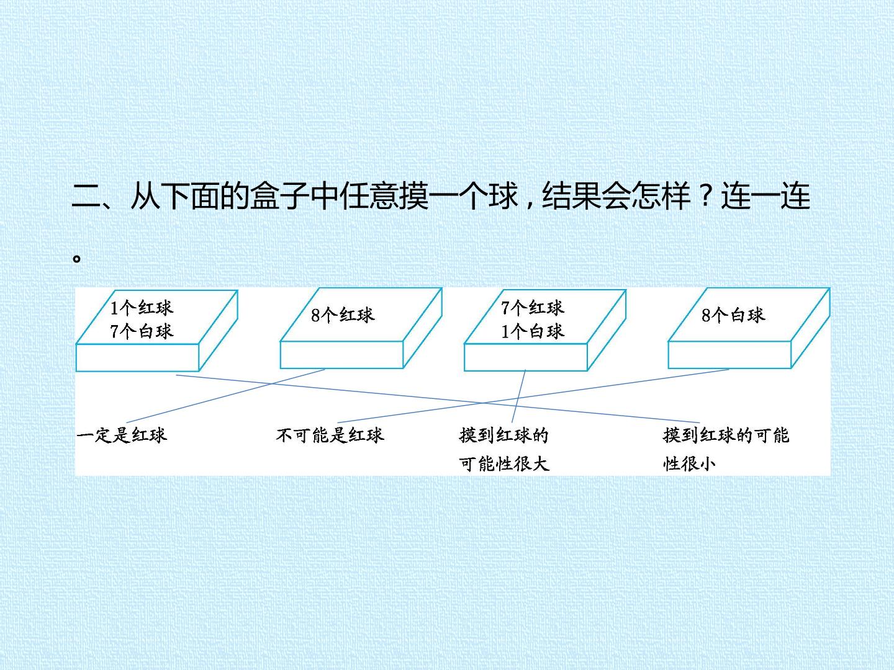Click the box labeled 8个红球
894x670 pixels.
click(361, 328)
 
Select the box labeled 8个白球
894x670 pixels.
click(749, 328)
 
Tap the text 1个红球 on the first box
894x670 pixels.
click(142, 308)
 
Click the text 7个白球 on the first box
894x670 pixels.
click(142, 331)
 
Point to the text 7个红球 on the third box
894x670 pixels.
click(533, 308)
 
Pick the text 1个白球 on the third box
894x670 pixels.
click(533, 331)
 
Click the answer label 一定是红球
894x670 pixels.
click(122, 435)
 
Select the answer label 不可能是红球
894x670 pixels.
click(330, 435)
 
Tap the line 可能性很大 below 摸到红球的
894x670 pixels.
click(504, 463)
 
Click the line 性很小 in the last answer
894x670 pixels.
click(689, 463)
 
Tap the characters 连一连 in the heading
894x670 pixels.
click(765, 195)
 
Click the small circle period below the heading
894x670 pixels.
click(76, 258)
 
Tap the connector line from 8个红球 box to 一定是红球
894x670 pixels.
click(225, 396)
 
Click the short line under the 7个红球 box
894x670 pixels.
click(518, 396)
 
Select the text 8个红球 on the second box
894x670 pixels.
click(343, 315)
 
